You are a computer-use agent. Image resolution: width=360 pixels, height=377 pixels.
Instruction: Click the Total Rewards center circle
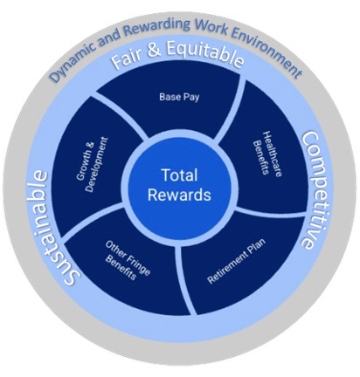(179, 186)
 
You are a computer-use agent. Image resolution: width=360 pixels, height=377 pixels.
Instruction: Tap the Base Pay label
(179, 97)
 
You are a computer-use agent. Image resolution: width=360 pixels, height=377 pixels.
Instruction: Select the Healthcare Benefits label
(267, 154)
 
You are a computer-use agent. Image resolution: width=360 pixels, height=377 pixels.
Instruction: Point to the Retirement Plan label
(237, 261)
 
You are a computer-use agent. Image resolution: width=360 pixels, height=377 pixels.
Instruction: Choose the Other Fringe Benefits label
(128, 260)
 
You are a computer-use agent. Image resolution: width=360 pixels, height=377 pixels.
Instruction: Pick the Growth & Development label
(93, 165)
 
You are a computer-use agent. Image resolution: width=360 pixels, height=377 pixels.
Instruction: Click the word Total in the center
(179, 175)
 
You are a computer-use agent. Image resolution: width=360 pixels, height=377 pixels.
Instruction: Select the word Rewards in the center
(179, 195)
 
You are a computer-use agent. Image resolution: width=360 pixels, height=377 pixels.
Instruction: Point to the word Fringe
(139, 264)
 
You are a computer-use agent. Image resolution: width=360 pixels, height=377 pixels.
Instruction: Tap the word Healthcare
(273, 154)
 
